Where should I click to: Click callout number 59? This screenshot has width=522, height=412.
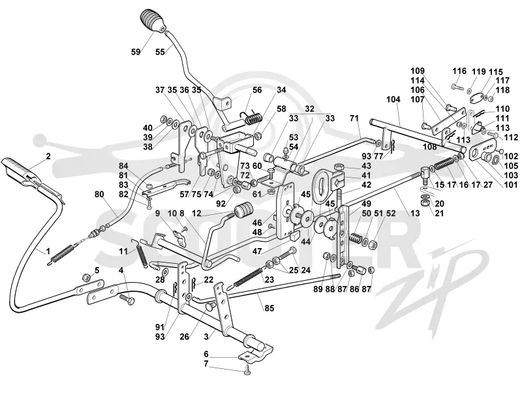[136, 52]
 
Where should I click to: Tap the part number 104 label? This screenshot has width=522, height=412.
[393, 99]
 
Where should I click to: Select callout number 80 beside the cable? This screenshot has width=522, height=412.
[99, 194]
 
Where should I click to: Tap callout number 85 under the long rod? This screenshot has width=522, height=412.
[269, 308]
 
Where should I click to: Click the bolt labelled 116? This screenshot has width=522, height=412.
[458, 87]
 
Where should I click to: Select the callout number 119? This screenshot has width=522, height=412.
[478, 72]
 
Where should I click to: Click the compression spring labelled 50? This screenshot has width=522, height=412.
[356, 238]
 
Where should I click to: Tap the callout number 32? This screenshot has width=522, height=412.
[309, 109]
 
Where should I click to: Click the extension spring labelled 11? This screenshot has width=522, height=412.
[140, 253]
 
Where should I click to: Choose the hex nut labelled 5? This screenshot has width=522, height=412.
[87, 277]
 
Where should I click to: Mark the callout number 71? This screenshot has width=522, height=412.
[354, 118]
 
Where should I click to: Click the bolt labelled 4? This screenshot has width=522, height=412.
[128, 298]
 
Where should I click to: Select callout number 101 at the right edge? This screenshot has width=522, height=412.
[511, 184]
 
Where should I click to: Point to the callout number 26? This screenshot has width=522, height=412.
[185, 337]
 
